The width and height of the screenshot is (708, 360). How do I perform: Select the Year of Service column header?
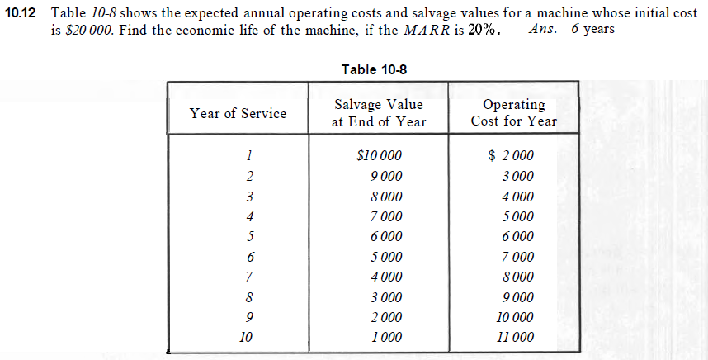(238, 113)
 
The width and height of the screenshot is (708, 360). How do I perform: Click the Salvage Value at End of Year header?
(379, 113)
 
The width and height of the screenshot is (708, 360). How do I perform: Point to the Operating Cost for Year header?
(513, 113)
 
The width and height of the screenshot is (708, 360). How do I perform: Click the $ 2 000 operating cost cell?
(512, 155)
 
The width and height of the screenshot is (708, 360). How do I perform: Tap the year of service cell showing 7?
(249, 277)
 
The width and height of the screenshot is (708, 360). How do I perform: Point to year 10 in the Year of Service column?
(245, 337)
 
